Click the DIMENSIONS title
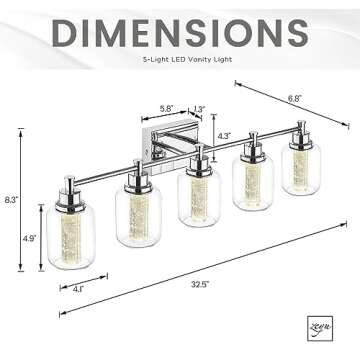[x=180, y=33]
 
